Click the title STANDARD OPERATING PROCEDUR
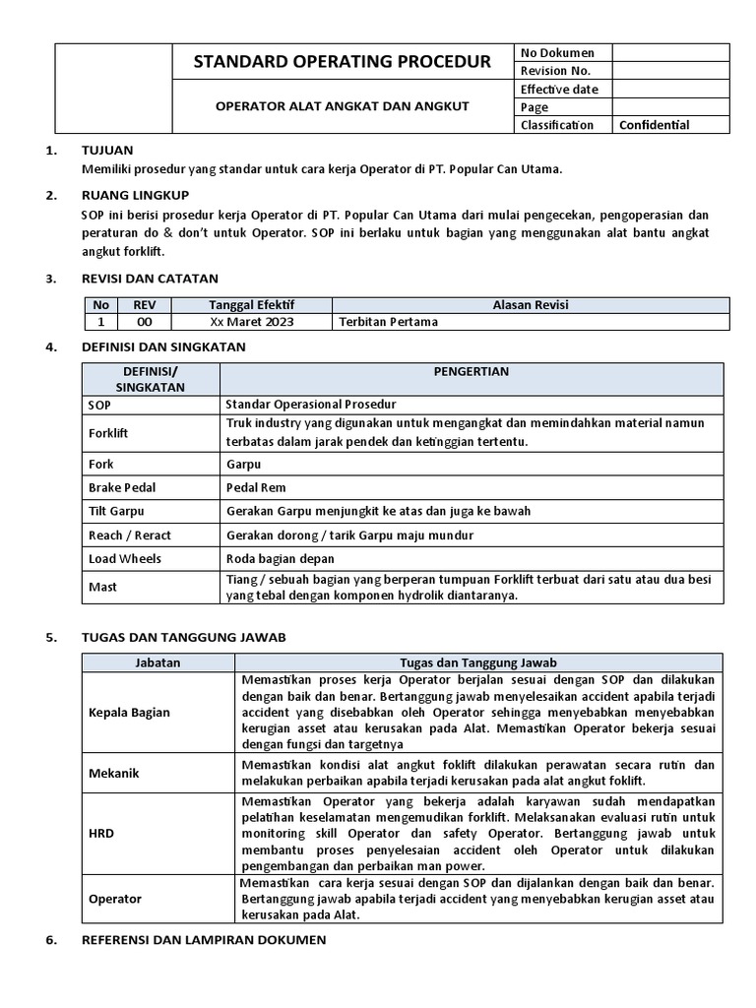tap(343, 62)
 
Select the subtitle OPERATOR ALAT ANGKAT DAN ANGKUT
tap(343, 105)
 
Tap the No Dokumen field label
tap(557, 53)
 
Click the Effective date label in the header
tap(559, 90)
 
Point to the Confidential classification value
tap(654, 125)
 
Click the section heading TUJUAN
tap(105, 151)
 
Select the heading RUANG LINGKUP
tap(135, 195)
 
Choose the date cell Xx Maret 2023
tap(252, 322)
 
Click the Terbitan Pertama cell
tap(388, 322)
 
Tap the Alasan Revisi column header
tap(531, 305)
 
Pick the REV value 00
tap(144, 322)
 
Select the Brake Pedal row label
tap(122, 487)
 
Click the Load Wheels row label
tap(125, 558)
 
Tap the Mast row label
tap(102, 587)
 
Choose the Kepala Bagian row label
tap(129, 713)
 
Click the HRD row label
tap(101, 833)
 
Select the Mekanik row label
tap(114, 773)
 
